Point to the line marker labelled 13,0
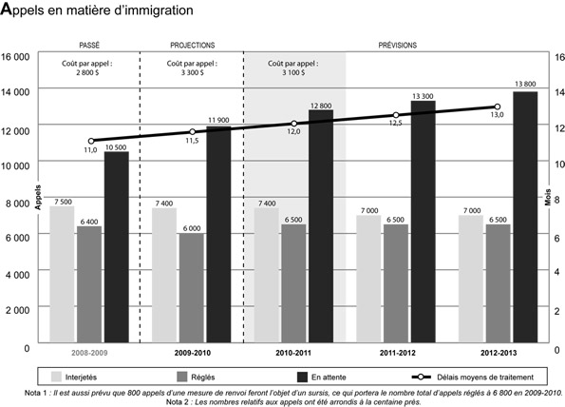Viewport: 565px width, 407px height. click(x=497, y=107)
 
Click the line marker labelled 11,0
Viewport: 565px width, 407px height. click(x=90, y=141)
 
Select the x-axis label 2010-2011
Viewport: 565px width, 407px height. click(x=293, y=353)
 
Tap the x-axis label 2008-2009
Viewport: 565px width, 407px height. click(x=88, y=353)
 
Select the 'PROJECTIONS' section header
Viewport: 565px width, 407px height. click(x=192, y=45)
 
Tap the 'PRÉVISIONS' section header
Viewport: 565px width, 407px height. click(x=397, y=45)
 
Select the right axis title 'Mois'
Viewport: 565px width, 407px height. click(x=548, y=200)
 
